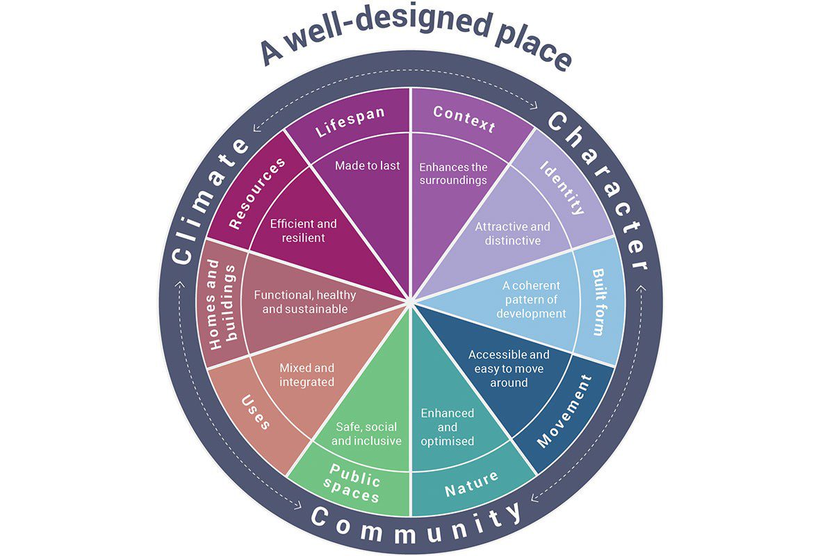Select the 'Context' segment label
pyautogui.click(x=464, y=119)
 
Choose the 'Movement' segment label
pyautogui.click(x=564, y=412)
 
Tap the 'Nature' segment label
pyautogui.click(x=472, y=485)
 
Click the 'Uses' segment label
pyautogui.click(x=255, y=411)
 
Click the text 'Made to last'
pyautogui.click(x=368, y=165)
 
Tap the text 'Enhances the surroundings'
pyautogui.click(x=453, y=174)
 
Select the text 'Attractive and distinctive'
pyautogui.click(x=512, y=234)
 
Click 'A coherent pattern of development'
pyautogui.click(x=532, y=300)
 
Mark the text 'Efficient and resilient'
pyautogui.click(x=303, y=231)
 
